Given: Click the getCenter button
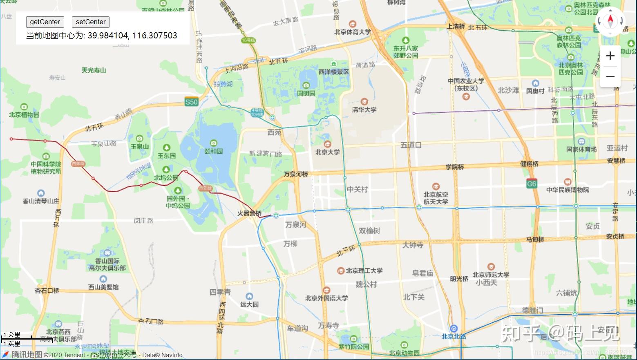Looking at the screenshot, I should coord(45,22).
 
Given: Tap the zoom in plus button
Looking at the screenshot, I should coord(610,56).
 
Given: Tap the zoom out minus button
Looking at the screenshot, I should coord(610,76).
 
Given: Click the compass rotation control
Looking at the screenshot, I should coord(610,21).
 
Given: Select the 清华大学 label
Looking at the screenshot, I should coord(364,110).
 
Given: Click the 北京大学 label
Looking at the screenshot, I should coord(327,152).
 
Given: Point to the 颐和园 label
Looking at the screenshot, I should coord(214,151).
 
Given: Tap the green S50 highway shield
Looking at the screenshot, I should coord(191,102).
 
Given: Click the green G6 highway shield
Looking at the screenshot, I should coord(531,183).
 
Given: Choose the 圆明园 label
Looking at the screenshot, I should coord(306,93).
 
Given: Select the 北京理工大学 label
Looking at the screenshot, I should coord(364,271).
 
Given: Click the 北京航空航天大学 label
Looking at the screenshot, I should coord(436,198).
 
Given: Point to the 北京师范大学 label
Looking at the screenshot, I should coord(491,275).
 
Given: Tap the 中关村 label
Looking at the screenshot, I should coord(358,189).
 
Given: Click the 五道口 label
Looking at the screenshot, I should coord(411,145).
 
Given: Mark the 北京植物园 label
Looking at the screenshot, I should coord(24,115).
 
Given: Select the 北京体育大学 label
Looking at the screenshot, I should coord(352,32).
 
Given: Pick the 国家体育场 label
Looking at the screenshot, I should coord(581,149).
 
